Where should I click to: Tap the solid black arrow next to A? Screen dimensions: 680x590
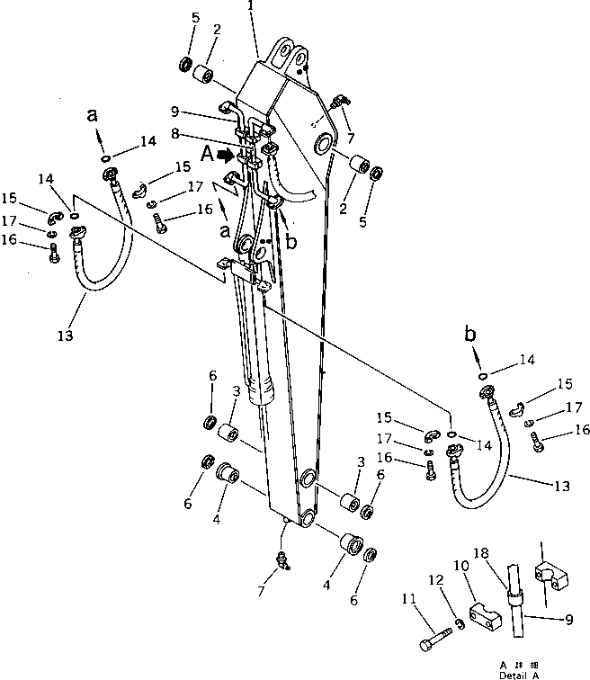(x=228, y=155)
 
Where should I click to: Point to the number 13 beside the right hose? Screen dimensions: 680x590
(x=562, y=486)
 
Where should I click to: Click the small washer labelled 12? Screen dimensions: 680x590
(x=458, y=623)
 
